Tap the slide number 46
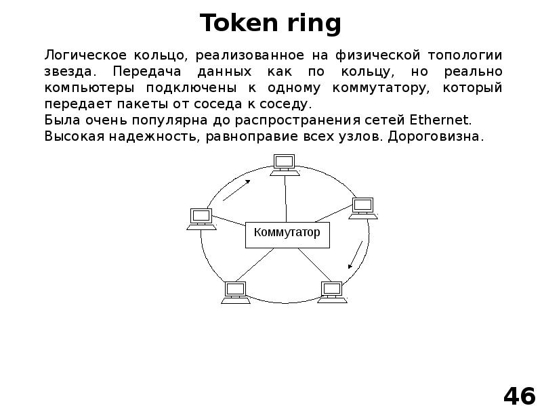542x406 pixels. coord(518,393)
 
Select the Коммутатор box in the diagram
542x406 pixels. coord(287,233)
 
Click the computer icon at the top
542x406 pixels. coord(284,164)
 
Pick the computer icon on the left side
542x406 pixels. coord(201,219)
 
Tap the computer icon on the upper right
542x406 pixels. coord(362,207)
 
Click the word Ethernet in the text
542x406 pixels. coord(440,120)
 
